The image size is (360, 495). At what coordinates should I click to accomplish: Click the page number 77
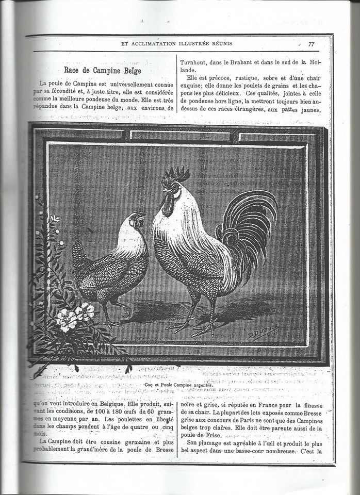311,44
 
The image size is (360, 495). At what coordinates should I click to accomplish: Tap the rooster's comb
175,175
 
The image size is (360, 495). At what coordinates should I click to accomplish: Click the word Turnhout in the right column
193,62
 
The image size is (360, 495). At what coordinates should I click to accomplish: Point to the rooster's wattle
168,207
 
